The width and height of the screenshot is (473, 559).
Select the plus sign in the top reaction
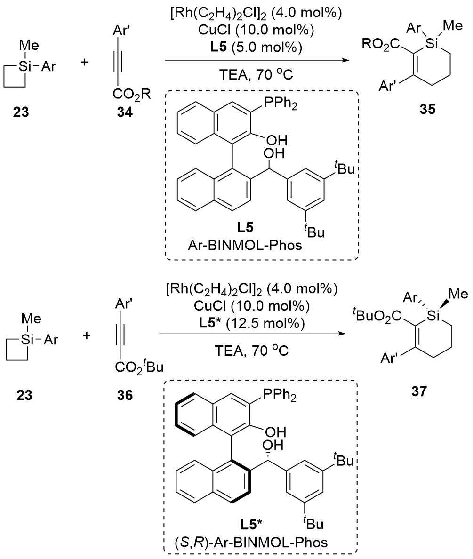click(85, 63)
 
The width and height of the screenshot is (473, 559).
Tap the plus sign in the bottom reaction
click(85, 325)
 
